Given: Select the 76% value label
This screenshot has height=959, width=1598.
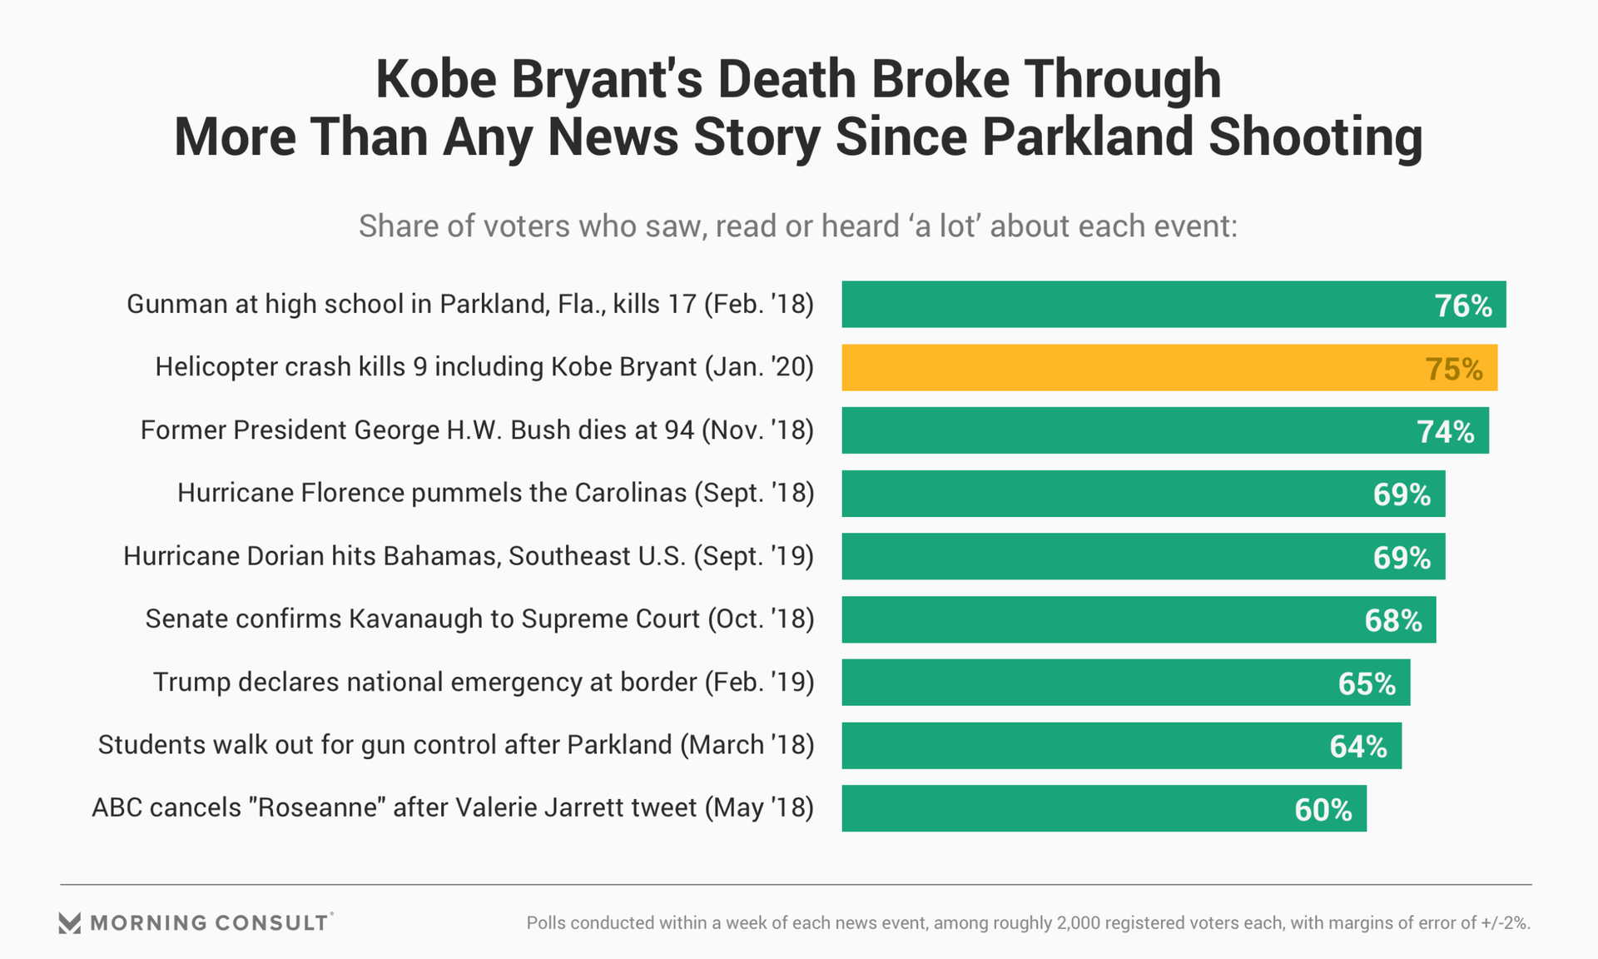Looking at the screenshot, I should [1463, 306].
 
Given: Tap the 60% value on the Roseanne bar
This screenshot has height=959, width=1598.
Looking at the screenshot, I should [1323, 809].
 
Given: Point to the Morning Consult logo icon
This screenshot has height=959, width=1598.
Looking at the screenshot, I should [70, 922].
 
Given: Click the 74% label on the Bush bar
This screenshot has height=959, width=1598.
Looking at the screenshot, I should [1446, 431].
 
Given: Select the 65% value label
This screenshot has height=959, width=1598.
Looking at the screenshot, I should [1367, 683].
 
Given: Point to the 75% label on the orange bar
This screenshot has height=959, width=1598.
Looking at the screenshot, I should [1454, 369].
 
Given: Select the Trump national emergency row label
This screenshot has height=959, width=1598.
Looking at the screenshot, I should [484, 682].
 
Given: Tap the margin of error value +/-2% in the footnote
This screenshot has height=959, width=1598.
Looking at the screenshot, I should [1504, 922].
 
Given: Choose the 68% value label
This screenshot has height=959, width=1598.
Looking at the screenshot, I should [1393, 620].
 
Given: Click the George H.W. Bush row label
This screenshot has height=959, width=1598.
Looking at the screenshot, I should [477, 430].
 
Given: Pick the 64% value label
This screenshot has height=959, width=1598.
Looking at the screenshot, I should [1358, 746].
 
